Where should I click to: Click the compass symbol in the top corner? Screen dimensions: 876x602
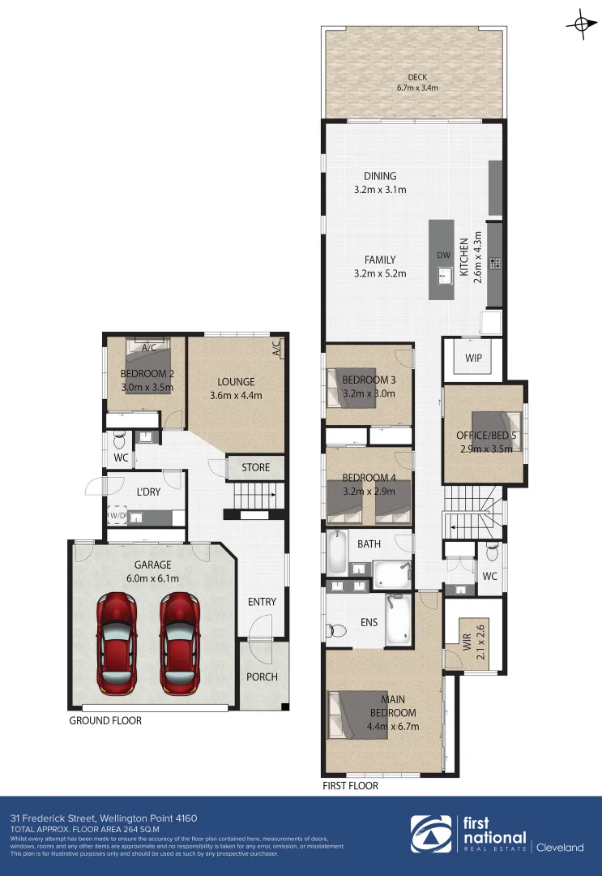[x=580, y=24]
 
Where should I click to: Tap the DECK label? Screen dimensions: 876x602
[x=417, y=77]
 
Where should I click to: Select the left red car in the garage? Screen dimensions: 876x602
[x=117, y=643]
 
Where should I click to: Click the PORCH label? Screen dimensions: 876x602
[x=262, y=676]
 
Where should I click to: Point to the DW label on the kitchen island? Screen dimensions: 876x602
[x=443, y=255]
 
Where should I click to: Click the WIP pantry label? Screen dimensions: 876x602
[x=474, y=358]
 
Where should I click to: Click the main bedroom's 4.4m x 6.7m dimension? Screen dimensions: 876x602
[x=393, y=726]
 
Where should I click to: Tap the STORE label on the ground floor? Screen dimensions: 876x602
[x=255, y=467]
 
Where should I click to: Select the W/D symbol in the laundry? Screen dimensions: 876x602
[x=117, y=515]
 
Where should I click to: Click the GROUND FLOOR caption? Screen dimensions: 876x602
[x=105, y=720]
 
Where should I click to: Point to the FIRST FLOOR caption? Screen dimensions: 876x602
[x=350, y=786]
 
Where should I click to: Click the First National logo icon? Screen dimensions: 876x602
[x=430, y=835]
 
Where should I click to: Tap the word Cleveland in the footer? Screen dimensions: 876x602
[x=559, y=848]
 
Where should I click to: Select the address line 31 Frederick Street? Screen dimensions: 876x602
[x=103, y=818]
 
